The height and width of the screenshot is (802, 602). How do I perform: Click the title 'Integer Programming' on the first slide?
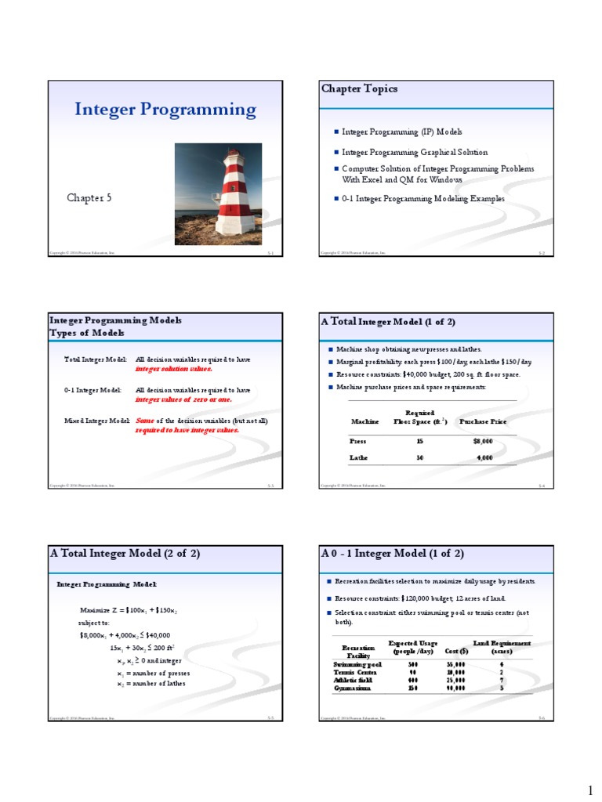tap(165, 109)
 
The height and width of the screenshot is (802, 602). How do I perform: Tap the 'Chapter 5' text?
tap(89, 198)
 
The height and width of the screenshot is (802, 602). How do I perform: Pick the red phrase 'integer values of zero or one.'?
tap(183, 399)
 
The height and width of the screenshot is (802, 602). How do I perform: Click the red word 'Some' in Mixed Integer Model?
tap(144, 421)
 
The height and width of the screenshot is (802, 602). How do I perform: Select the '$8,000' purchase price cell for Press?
tap(483, 441)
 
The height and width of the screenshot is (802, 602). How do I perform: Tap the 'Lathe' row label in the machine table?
tap(357, 457)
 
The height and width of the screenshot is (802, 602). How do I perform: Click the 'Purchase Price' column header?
tap(482, 421)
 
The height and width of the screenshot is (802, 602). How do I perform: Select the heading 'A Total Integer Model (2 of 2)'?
tap(125, 554)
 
